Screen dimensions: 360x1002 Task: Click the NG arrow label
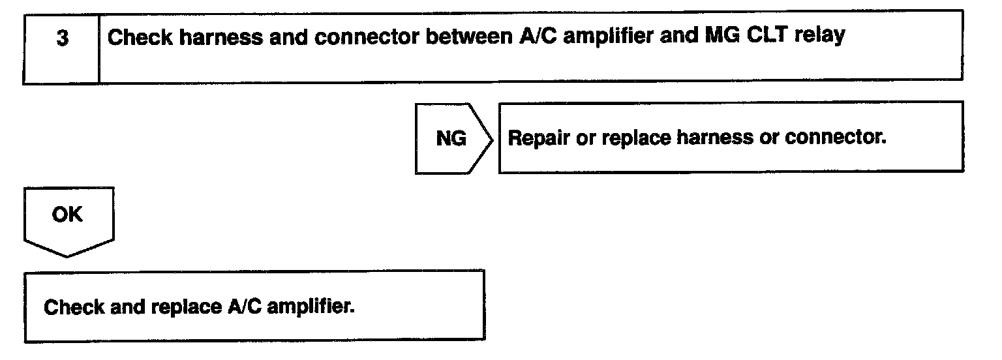[x=451, y=139]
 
